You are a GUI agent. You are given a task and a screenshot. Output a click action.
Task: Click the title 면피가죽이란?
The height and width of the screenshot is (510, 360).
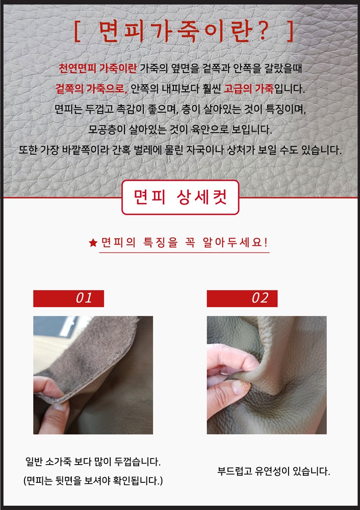pyautogui.click(x=184, y=32)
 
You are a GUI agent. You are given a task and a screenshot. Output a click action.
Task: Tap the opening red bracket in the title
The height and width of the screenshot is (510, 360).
pyautogui.click(x=77, y=32)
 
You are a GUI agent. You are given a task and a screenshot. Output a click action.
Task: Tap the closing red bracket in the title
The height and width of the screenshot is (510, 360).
pyautogui.click(x=291, y=32)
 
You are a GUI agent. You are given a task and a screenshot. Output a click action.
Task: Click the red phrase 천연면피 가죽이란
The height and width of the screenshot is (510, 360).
pyautogui.click(x=97, y=68)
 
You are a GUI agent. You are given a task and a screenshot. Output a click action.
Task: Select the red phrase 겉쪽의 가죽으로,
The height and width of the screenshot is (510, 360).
pyautogui.click(x=92, y=88)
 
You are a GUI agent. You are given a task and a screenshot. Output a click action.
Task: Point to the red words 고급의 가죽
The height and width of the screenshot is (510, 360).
pyautogui.click(x=249, y=88)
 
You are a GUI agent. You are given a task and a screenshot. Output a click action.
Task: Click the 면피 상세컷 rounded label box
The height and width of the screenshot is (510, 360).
pyautogui.click(x=180, y=197)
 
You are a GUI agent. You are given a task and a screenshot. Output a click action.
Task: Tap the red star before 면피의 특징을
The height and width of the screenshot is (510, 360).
pyautogui.click(x=93, y=242)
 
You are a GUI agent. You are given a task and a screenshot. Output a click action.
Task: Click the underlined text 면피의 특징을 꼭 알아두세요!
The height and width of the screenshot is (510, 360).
pyautogui.click(x=184, y=242)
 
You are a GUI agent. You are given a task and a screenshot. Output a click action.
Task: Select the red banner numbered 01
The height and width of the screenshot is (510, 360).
pyautogui.click(x=69, y=298)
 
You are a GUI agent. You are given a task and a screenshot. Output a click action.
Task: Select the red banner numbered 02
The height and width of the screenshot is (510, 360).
pyautogui.click(x=242, y=298)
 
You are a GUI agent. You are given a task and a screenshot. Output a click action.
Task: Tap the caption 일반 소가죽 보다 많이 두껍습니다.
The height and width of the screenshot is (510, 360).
pyautogui.click(x=93, y=462)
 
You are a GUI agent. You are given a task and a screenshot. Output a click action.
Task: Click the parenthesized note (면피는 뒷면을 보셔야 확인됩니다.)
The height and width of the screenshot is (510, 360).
pyautogui.click(x=93, y=480)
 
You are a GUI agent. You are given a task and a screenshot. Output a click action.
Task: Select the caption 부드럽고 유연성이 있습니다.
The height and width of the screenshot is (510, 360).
pyautogui.click(x=273, y=471)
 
